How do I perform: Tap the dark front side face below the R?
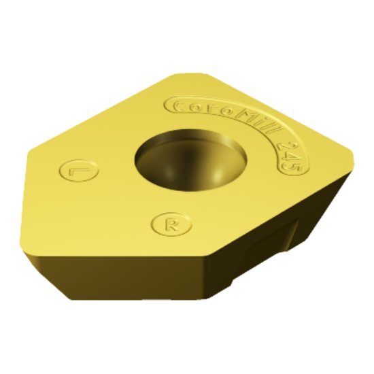[136, 279]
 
